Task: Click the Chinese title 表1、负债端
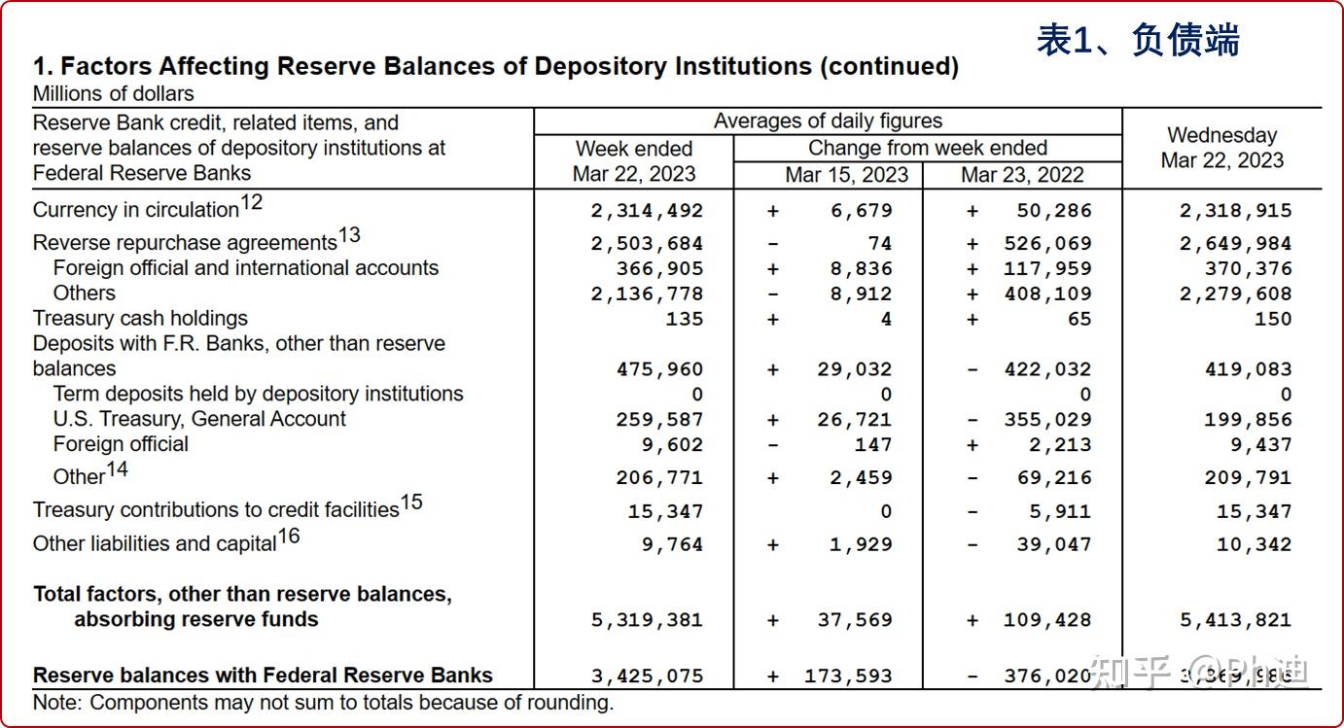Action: click(1138, 40)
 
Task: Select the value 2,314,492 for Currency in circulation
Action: click(647, 211)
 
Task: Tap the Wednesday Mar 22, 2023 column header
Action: click(1222, 148)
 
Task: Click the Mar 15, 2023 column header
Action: click(846, 175)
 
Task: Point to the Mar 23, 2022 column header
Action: click(1022, 175)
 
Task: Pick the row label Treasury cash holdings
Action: click(140, 319)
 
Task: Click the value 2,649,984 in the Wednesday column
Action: click(1235, 244)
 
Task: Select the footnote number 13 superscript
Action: click(349, 235)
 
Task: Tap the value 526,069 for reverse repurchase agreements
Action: click(1047, 244)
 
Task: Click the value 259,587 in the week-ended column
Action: click(659, 420)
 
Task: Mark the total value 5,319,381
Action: click(647, 620)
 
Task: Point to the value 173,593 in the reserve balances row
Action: click(848, 676)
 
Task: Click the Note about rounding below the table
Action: click(323, 703)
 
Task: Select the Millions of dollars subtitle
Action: click(113, 94)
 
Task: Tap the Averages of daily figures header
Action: click(828, 121)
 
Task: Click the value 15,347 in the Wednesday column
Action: click(1254, 512)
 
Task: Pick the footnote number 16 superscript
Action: click(289, 536)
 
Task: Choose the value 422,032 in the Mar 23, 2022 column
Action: click(1047, 369)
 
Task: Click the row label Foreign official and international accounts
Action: click(245, 268)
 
